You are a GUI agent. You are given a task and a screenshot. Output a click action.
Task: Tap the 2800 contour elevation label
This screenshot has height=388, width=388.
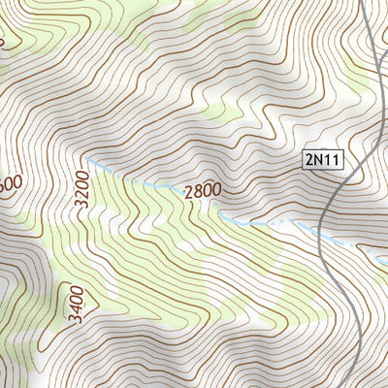tap(203, 191)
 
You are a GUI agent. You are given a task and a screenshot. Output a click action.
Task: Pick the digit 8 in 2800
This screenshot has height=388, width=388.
tap(197, 191)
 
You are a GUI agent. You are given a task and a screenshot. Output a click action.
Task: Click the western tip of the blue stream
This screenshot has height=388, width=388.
tap(83, 156)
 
